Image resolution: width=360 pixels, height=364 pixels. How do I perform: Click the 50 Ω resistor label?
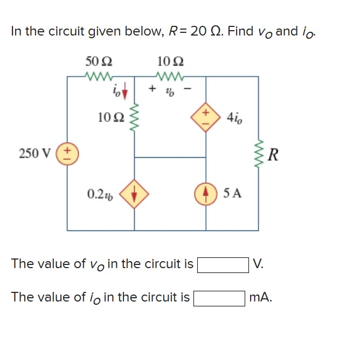[x=99, y=61]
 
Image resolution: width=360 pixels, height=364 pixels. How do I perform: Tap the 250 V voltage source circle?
[x=67, y=153]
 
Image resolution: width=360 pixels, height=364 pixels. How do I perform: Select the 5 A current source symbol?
[x=206, y=192]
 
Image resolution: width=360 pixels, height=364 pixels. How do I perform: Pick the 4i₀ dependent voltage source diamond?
[x=206, y=116]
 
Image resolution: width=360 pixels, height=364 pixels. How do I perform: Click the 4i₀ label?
[x=235, y=116]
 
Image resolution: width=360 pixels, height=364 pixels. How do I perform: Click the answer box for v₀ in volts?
[x=223, y=264]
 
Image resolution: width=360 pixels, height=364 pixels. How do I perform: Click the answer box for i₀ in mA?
[x=219, y=298]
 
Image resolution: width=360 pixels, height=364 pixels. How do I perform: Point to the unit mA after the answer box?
[x=261, y=297]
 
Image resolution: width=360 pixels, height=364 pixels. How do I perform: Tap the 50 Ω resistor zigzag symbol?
[x=99, y=76]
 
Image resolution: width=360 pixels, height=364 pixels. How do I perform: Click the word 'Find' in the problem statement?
[x=241, y=31]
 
